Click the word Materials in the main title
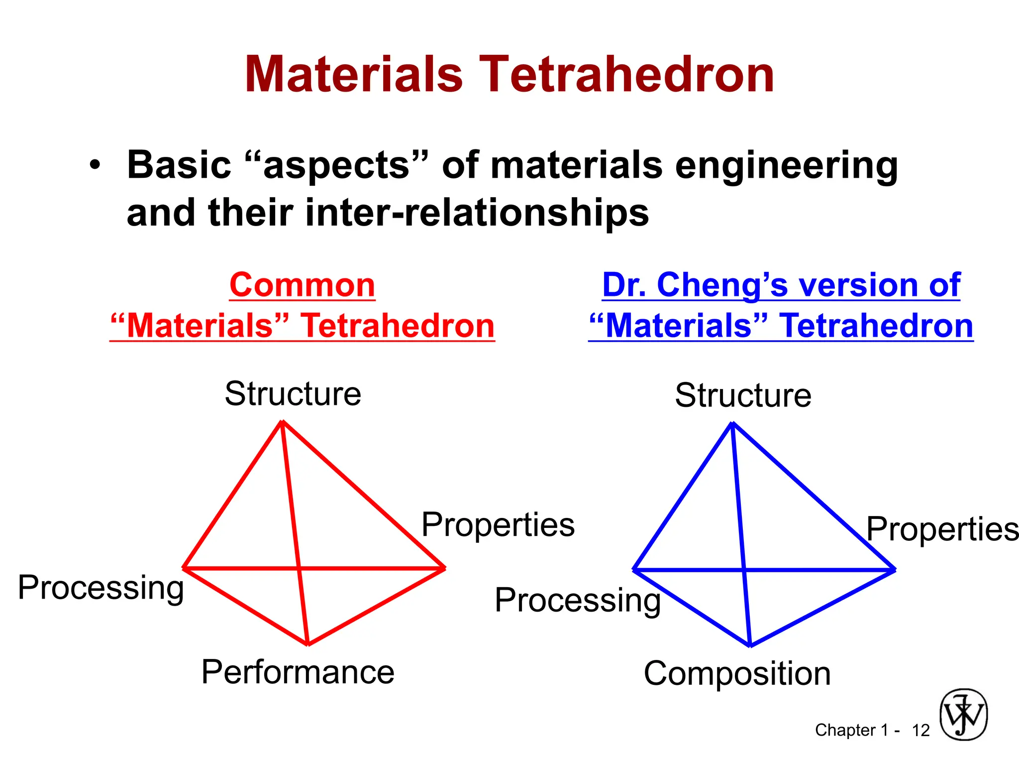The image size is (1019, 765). tap(354, 75)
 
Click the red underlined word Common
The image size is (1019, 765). tap(302, 285)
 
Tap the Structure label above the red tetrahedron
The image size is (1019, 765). tap(293, 393)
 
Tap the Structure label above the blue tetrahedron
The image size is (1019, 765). tap(743, 395)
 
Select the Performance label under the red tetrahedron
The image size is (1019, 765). tap(298, 672)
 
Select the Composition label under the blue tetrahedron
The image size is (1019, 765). tap(737, 673)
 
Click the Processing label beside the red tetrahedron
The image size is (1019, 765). tap(101, 587)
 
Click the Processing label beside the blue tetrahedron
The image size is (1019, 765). tap(577, 600)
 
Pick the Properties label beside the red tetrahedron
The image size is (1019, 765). tap(498, 524)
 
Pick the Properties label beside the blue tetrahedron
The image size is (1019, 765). tap(942, 529)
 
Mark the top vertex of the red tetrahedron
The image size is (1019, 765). tap(282, 422)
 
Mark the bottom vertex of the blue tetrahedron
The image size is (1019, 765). tap(750, 645)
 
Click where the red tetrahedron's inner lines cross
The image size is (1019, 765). tap(298, 568)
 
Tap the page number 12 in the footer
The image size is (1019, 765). tap(920, 731)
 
